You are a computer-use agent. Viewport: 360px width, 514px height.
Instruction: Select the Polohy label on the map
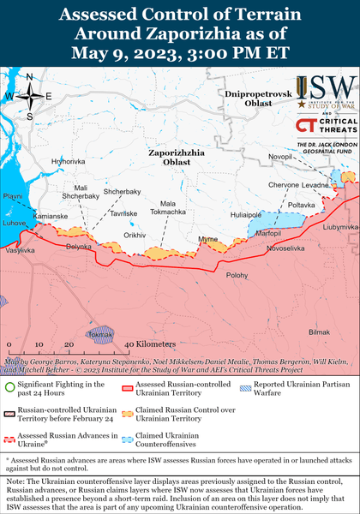pos(237,275)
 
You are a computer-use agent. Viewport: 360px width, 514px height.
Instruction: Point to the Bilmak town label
pos(318,331)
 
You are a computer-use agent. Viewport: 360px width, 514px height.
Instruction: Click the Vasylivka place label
pos(19,252)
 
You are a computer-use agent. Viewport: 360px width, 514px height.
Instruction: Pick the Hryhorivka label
pos(68,161)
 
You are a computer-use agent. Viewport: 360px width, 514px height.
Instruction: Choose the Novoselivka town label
pos(285,248)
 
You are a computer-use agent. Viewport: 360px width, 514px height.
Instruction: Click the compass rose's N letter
pos(29,77)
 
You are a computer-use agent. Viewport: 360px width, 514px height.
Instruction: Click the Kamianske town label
pos(51,216)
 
